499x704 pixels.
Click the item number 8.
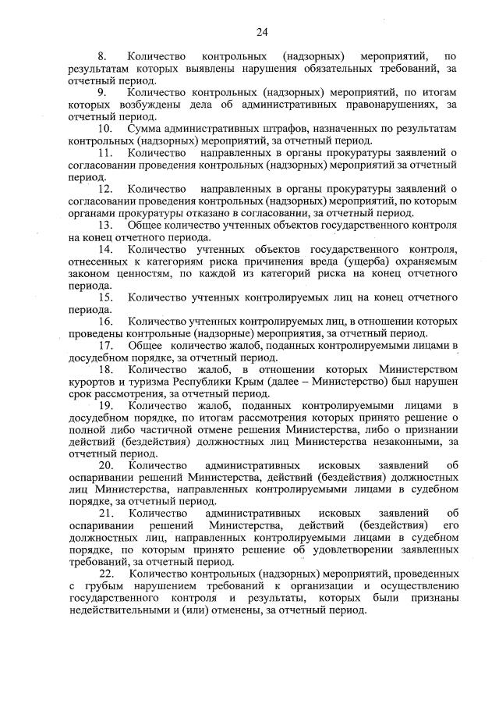pos(101,57)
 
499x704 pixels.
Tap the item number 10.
pos(104,127)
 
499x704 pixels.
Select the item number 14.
pos(104,249)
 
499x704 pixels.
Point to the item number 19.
pos(104,405)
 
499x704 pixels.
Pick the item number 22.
pos(104,574)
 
